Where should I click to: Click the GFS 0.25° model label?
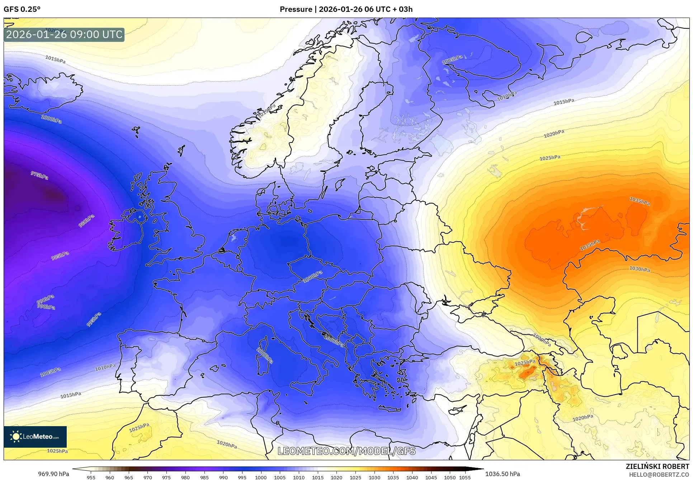coord(22,9)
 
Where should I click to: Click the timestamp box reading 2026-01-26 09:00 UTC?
coord(64,34)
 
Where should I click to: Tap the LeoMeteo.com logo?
coord(35,437)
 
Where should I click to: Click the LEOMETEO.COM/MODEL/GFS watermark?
coord(346,451)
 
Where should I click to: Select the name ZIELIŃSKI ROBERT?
coord(657,467)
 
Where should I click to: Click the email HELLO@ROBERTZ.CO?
coord(659,475)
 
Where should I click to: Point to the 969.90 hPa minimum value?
coord(53,474)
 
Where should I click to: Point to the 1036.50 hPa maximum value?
coord(502,474)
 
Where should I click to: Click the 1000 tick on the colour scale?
coord(261,477)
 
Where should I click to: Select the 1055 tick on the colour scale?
coord(465,477)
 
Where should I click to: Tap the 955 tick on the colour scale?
coord(91,477)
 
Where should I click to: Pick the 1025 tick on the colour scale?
coord(355,477)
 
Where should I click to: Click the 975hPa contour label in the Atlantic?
coord(39,176)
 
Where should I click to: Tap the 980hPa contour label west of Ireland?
coord(86,221)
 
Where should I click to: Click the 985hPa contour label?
coord(60,256)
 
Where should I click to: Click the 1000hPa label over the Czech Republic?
coord(313,276)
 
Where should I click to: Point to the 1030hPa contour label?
coord(639,269)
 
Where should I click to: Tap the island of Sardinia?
coord(265,356)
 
